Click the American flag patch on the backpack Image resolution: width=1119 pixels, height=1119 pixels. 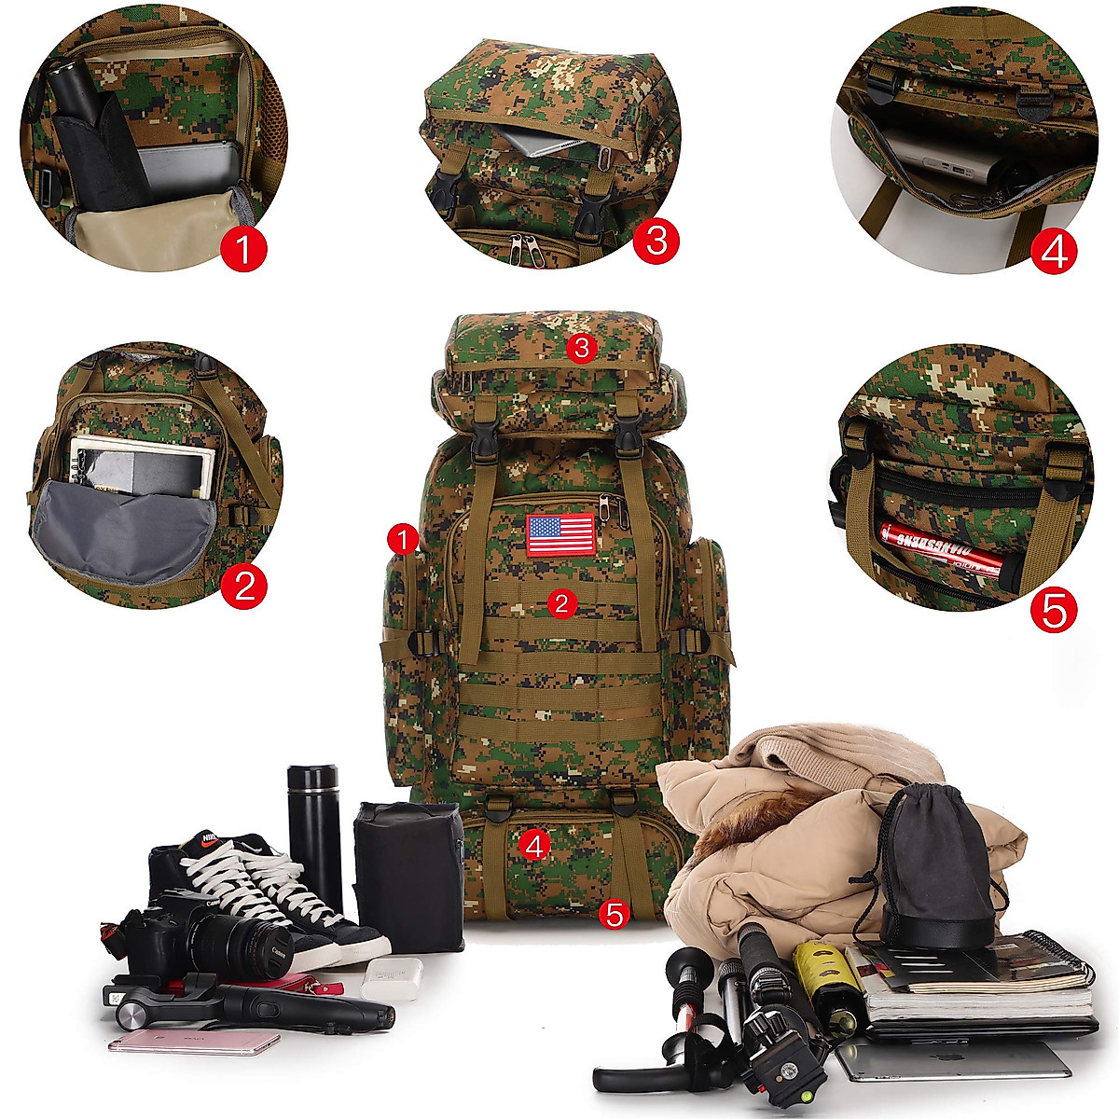pos(560,534)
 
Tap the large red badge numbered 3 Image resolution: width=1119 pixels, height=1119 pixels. pos(656,241)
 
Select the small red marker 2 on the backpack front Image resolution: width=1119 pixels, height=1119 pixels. pos(561,603)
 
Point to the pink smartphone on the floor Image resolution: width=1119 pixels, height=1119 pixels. pos(194,1041)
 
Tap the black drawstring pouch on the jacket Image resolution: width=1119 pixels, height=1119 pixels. pos(932,863)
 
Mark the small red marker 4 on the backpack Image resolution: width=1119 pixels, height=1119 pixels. pos(534,845)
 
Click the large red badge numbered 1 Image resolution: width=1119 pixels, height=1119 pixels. pos(244,249)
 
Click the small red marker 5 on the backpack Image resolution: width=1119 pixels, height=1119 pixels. pos(614,914)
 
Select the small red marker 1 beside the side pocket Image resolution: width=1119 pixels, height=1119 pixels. pos(403,538)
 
